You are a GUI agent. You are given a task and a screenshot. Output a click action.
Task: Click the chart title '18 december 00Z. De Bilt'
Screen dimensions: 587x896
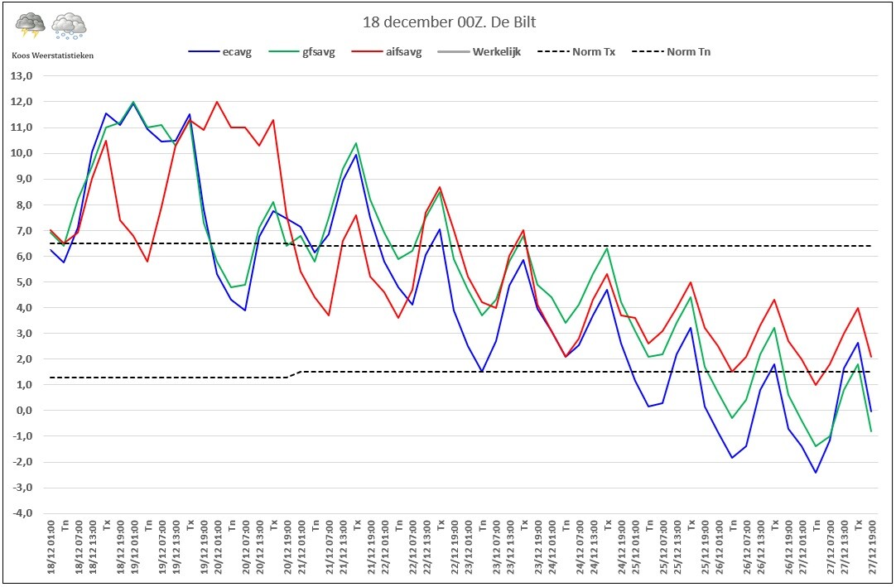click(x=448, y=22)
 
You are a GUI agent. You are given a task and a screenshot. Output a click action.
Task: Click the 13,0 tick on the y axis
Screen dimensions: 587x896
click(x=21, y=76)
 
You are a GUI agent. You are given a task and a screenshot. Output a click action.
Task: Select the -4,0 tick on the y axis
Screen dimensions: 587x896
click(x=21, y=513)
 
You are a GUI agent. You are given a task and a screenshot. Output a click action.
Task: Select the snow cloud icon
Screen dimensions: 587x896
click(x=69, y=26)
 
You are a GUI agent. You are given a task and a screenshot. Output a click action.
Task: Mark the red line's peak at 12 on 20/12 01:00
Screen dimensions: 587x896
click(x=217, y=102)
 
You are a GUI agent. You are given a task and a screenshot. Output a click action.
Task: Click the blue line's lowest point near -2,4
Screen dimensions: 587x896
click(x=817, y=472)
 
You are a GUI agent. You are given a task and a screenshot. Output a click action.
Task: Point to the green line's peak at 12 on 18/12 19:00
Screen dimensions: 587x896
click(x=133, y=102)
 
